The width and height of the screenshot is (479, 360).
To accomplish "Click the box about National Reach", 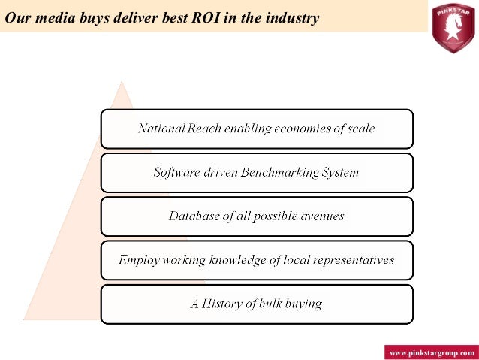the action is tap(256, 129).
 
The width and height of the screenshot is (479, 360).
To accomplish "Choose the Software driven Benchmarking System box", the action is tap(256, 172).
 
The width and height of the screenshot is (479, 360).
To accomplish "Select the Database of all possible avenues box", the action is tap(256, 216).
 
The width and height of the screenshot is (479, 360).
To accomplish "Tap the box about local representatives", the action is tap(256, 260).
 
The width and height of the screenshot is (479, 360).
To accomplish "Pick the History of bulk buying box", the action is tap(256, 304).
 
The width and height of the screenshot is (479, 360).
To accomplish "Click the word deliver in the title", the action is tap(125, 17).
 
